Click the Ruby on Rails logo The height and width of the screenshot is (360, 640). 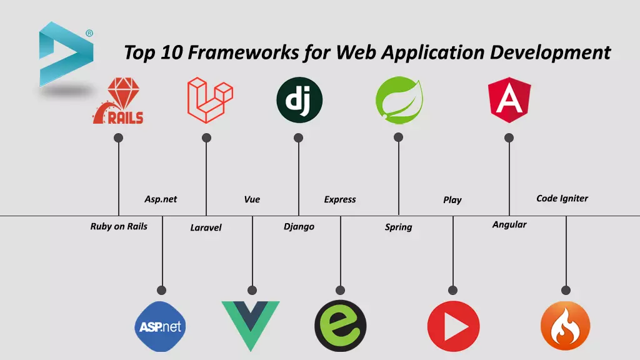click(118, 101)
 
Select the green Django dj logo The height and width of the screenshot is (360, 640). click(299, 101)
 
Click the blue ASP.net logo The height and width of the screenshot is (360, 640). click(161, 326)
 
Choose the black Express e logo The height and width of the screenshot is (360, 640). click(340, 326)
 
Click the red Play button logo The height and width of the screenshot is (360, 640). click(453, 326)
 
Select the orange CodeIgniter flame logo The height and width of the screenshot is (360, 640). click(565, 326)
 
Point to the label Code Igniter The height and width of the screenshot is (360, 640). click(562, 198)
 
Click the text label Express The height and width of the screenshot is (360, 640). click(340, 199)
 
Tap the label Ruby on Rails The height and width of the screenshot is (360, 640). click(119, 226)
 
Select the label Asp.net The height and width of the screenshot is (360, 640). click(161, 199)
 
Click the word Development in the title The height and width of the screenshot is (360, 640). click(550, 52)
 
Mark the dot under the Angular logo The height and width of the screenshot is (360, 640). click(509, 137)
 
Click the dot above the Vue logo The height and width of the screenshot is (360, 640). click(252, 290)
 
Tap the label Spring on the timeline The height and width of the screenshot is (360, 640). click(398, 227)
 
